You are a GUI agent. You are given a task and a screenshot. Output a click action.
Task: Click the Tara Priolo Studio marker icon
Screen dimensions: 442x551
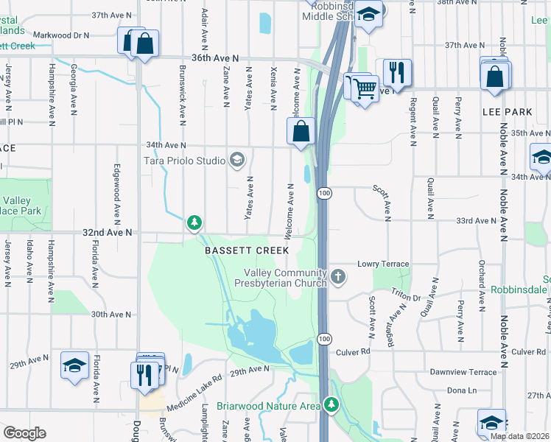point(237,160)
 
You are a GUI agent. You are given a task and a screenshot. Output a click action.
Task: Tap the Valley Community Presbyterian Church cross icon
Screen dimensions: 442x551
point(338,277)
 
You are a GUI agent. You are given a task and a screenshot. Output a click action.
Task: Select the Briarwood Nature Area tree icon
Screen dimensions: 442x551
point(332,405)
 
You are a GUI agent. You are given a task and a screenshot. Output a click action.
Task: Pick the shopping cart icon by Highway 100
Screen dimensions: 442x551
point(364,88)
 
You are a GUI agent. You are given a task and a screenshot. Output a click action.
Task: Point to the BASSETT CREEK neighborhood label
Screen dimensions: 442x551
point(247,250)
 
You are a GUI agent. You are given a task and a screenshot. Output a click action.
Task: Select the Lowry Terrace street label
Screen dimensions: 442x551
point(382,263)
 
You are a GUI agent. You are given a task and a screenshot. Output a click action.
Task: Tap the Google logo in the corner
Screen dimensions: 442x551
point(25,433)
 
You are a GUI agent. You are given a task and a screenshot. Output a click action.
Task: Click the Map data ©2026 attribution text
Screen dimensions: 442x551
point(519,436)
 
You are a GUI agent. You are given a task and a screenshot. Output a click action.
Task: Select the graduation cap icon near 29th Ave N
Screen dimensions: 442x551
point(75,366)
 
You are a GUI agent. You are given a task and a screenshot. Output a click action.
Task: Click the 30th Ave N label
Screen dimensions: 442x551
point(110,314)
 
